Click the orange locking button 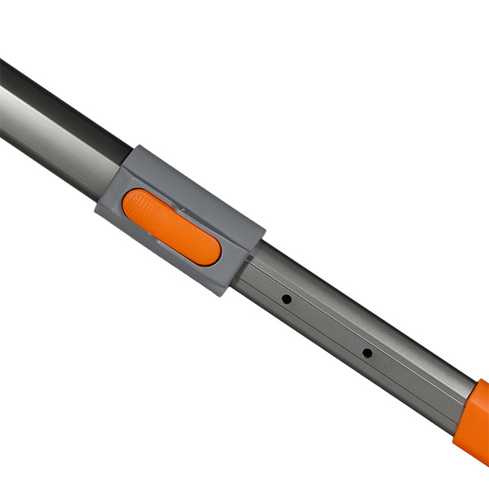[x=171, y=227]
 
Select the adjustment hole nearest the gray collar [x=287, y=300]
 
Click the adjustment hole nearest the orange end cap [x=367, y=353]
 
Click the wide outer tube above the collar [x=57, y=122]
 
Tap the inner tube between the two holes [x=326, y=326]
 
